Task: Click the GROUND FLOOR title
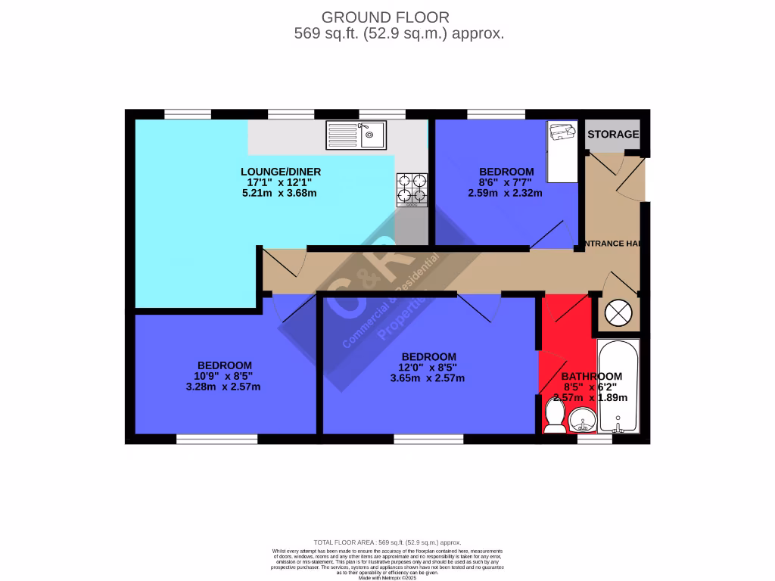[385, 17]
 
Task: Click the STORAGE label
[613, 135]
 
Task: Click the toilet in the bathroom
[554, 416]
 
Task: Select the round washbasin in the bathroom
[582, 418]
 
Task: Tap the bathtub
[618, 386]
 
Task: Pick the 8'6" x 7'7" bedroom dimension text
[506, 182]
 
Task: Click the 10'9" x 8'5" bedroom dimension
[224, 376]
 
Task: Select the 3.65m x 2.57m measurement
[428, 378]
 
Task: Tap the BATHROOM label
[592, 376]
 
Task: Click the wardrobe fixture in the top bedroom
[561, 151]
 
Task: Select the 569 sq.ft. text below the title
[398, 34]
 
